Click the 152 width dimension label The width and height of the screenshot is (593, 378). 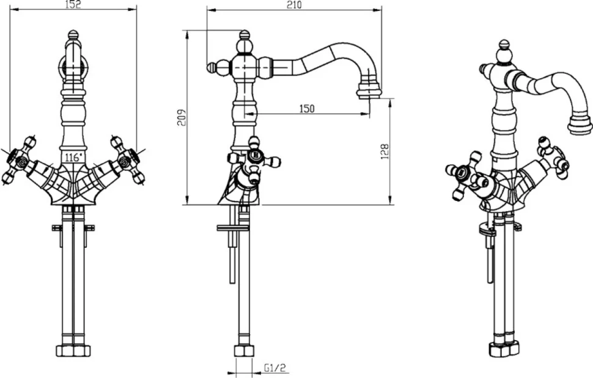(x=74, y=4)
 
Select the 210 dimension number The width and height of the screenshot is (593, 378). (x=294, y=5)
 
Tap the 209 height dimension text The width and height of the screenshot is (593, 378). (x=182, y=117)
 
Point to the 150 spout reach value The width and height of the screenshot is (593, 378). (x=307, y=109)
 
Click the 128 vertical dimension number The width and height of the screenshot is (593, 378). (x=385, y=151)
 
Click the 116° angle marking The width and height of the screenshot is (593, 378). (x=73, y=157)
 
